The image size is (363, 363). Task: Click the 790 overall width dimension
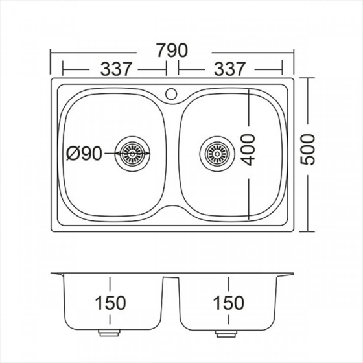172,51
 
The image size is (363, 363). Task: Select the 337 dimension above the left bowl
116,69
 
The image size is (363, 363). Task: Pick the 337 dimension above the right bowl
229,69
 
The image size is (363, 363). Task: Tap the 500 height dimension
308,150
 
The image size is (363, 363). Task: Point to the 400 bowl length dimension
248,150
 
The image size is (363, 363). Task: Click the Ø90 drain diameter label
84,154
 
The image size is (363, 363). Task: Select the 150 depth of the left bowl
110,303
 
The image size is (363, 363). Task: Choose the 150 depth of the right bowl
228,303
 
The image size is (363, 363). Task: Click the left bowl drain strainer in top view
132,154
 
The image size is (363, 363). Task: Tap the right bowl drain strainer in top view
217,154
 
